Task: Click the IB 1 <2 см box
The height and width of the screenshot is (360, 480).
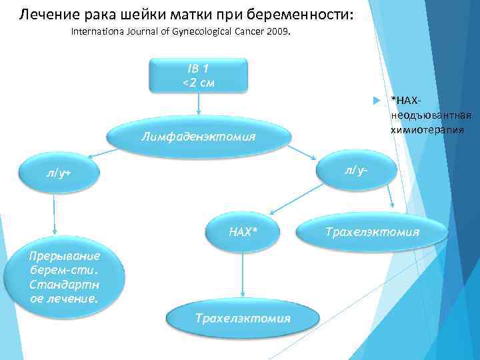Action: tap(198, 75)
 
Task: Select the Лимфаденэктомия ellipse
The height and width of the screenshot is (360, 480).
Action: tap(199, 137)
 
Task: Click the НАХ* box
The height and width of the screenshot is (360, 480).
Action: tap(243, 231)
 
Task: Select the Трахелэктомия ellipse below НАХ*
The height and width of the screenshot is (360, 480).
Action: tap(243, 318)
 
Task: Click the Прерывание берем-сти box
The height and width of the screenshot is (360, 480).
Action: tap(64, 277)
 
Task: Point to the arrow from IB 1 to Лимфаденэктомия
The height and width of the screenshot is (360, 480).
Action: tap(199, 105)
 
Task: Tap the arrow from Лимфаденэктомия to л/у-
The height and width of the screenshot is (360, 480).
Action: tap(305, 150)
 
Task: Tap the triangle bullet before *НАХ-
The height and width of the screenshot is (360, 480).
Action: tap(377, 100)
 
